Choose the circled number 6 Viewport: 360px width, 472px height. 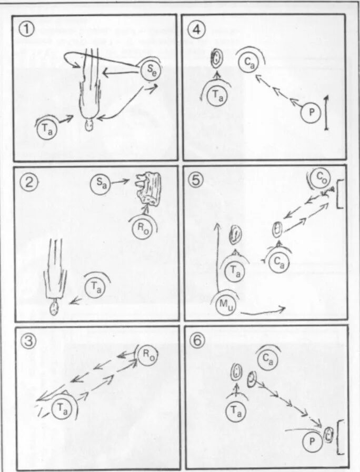197,340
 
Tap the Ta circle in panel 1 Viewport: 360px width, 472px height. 46,128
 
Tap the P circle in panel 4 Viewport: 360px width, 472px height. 310,113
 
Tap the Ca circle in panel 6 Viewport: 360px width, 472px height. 269,360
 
